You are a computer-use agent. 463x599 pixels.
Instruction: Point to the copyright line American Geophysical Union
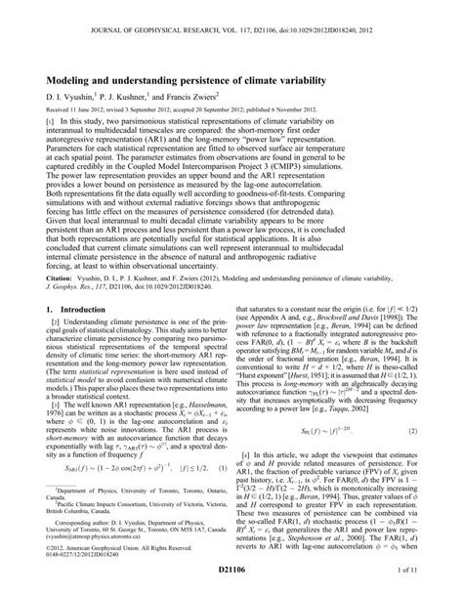[x=93, y=574]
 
